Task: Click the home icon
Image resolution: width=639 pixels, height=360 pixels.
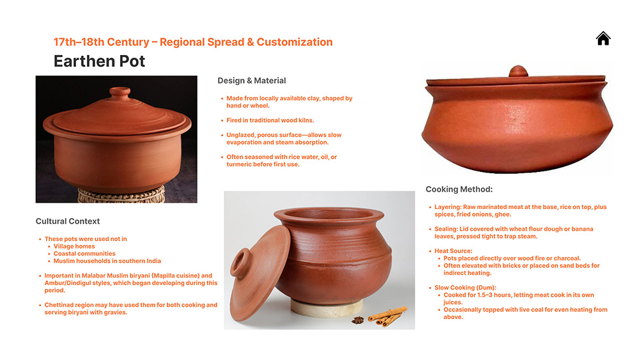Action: point(603,38)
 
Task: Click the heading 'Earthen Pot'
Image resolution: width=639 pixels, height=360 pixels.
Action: point(99,61)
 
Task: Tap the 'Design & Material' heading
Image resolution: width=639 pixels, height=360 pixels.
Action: point(251,81)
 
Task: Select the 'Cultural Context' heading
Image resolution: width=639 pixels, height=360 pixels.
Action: point(68,221)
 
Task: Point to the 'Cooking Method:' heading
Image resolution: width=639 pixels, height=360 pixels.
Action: point(459,189)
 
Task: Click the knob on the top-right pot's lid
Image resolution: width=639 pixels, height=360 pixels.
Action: point(518,71)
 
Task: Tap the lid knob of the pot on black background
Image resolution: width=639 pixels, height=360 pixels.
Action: point(120,91)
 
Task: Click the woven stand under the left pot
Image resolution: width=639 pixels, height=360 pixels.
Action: point(121,194)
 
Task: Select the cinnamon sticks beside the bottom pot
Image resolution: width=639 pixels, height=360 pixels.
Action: point(387,316)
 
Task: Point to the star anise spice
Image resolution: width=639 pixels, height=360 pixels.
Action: point(358,320)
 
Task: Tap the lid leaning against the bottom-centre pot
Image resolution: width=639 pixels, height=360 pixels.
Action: point(258,273)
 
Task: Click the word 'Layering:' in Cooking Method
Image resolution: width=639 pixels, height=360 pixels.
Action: point(448,207)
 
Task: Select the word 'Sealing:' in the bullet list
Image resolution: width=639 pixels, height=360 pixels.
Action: point(446,229)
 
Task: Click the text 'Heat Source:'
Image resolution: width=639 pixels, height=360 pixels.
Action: point(453,251)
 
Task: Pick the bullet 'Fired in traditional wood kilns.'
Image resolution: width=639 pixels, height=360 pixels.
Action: point(270,120)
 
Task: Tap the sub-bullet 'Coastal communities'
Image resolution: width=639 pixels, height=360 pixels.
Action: point(84,254)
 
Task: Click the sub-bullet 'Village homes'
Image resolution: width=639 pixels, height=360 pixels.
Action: point(74,246)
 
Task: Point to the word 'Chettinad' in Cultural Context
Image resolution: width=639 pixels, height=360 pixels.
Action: point(59,305)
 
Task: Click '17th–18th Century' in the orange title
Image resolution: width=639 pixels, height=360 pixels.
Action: point(102,42)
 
